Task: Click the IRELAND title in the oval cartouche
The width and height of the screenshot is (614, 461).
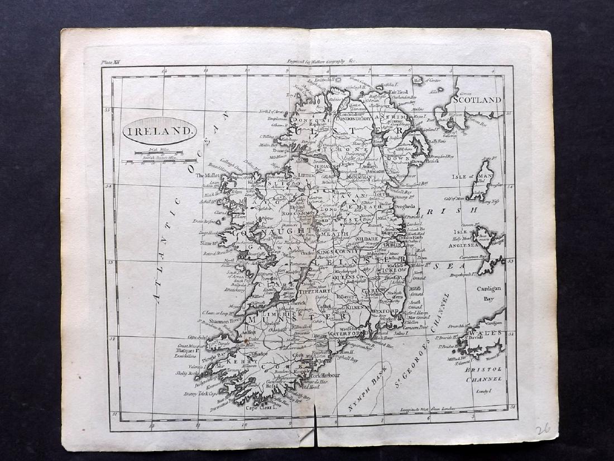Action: pos(160,131)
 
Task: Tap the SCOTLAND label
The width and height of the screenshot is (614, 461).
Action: pos(478,99)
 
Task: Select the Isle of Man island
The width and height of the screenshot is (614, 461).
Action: pos(481,180)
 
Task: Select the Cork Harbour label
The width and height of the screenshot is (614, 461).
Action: pos(329,376)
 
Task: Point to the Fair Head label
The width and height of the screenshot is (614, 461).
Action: pos(400,92)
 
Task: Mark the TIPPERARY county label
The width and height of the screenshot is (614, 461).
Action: pos(315,292)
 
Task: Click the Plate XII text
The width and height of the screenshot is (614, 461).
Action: pos(110,63)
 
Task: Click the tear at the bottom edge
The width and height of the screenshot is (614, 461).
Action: pos(315,430)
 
